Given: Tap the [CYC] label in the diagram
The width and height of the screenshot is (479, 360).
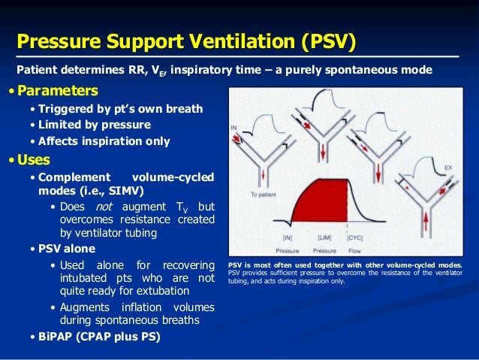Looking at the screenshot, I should click(x=355, y=237).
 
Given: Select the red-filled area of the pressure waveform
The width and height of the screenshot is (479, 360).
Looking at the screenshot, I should click(x=319, y=203).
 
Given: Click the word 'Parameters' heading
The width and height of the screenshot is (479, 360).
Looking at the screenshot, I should click(x=57, y=92).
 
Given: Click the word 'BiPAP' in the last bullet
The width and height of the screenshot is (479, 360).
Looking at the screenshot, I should click(x=58, y=336).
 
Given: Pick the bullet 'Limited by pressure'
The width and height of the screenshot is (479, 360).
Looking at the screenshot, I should click(x=94, y=125).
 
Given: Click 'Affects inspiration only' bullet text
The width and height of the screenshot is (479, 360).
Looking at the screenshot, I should click(x=104, y=141).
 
